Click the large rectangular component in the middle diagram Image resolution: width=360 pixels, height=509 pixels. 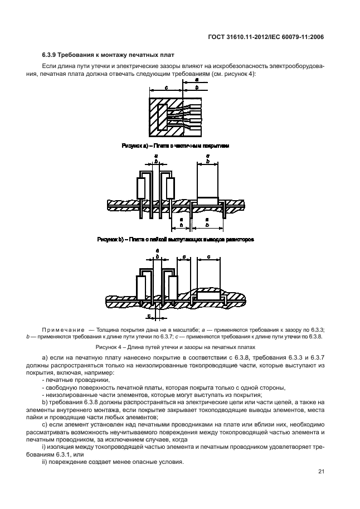tap(208, 180)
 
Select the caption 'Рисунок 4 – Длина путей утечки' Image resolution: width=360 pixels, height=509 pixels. tap(179, 347)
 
